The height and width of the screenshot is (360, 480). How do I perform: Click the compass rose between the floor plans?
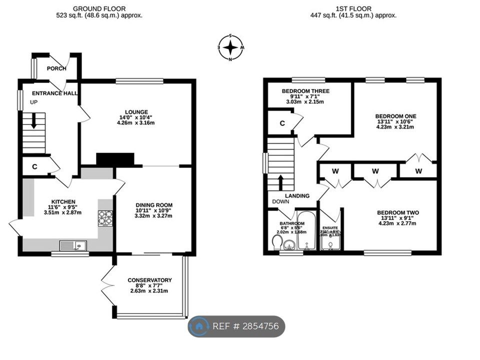(x=230, y=48)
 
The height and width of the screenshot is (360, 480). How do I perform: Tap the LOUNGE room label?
(x=136, y=111)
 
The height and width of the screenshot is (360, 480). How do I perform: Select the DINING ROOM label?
(x=154, y=205)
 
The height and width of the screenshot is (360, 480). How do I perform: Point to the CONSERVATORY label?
(x=149, y=280)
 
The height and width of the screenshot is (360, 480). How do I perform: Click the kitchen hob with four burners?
(x=105, y=218)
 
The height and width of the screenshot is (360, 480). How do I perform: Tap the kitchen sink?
(x=73, y=245)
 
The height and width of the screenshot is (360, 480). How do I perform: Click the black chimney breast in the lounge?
(x=115, y=159)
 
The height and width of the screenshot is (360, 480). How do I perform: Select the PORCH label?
(x=56, y=68)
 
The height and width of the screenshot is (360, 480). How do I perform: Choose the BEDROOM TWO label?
(x=398, y=212)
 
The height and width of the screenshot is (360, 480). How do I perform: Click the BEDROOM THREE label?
(x=305, y=91)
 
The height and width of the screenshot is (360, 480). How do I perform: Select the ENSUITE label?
(x=330, y=227)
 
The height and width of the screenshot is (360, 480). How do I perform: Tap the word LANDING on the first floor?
(x=297, y=196)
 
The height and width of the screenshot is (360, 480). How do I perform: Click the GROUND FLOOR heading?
(x=99, y=8)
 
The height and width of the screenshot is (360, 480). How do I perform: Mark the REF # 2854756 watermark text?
(x=246, y=326)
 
